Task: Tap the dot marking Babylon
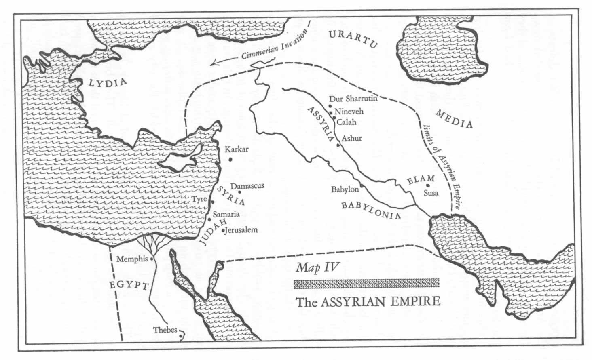[x=362, y=185]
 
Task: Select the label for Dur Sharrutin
[x=353, y=99]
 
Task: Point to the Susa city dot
[x=427, y=185]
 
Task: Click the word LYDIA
[x=108, y=83]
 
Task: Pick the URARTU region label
[x=353, y=39]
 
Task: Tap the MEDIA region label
[x=454, y=119]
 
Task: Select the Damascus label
[x=247, y=185]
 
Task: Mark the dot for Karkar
[x=230, y=159]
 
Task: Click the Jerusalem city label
[x=241, y=230]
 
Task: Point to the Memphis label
[x=132, y=259]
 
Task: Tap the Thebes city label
[x=165, y=330]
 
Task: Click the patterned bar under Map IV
[x=367, y=284]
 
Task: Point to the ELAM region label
[x=421, y=178]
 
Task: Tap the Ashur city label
[x=351, y=138]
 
